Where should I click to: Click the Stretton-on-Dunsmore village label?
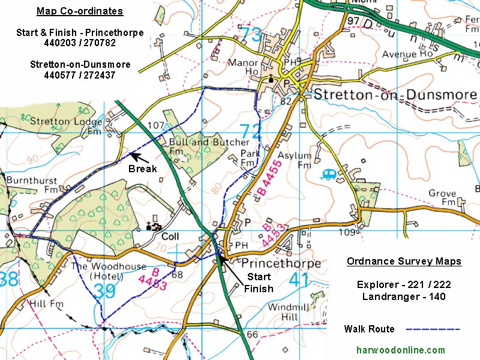395,95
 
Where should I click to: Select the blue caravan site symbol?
329,175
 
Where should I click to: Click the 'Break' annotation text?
142,169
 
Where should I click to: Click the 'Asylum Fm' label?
304,160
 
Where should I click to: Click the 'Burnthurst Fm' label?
32,185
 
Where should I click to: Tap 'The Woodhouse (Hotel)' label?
109,271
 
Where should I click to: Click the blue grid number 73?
251,35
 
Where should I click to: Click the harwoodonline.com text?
401,350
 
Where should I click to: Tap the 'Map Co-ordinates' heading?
80,11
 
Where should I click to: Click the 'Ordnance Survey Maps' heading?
404,261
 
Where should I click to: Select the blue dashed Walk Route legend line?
433,329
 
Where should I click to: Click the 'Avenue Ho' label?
408,55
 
